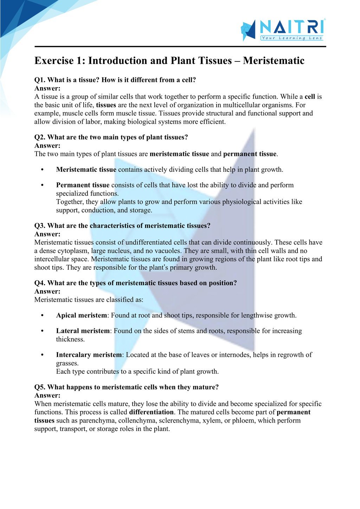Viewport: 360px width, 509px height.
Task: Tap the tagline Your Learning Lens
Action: [291, 38]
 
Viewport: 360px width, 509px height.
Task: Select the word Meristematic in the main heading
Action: [274, 61]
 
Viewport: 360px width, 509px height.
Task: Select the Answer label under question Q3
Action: [47, 234]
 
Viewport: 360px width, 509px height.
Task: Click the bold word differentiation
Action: [152, 412]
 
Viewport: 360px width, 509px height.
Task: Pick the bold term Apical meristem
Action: [81, 315]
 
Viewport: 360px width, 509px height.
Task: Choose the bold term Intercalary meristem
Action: [89, 355]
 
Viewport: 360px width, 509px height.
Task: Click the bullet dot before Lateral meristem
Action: [42, 331]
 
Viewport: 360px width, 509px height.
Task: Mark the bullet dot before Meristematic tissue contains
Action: [42, 170]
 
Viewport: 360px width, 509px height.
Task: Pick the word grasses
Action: [67, 363]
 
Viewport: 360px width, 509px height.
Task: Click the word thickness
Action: [70, 339]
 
